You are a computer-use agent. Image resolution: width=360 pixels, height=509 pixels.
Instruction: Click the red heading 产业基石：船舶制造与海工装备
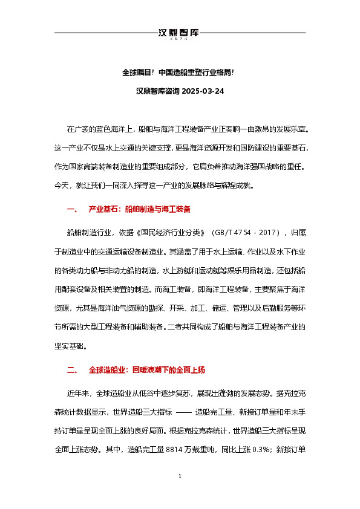pos(140,209)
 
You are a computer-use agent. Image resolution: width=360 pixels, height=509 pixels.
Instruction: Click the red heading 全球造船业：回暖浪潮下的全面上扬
pos(150,369)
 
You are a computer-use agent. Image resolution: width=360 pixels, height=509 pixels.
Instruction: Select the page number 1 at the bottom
pos(180,494)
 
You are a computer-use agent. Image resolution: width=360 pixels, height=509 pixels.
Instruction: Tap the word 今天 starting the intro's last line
pos(62,186)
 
